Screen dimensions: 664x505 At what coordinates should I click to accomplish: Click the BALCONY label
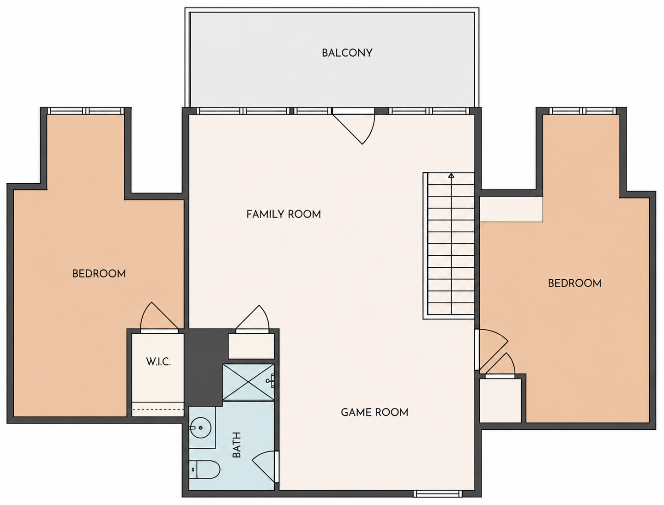(347, 53)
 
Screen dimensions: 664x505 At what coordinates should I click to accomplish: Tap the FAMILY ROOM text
(284, 214)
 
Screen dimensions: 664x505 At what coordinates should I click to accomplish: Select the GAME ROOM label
(374, 413)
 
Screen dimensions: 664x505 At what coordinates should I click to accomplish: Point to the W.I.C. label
(158, 361)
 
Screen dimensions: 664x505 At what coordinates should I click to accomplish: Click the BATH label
(236, 445)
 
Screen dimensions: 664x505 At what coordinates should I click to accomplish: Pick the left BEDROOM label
(99, 274)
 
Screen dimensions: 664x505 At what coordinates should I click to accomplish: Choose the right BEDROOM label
(575, 283)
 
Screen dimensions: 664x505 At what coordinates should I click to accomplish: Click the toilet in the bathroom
(204, 469)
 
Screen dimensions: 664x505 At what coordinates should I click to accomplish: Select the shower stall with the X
(248, 382)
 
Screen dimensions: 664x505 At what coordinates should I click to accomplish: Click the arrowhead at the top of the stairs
(451, 175)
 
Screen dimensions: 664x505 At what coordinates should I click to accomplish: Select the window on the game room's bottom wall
(437, 494)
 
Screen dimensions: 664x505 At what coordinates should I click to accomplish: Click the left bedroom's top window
(86, 111)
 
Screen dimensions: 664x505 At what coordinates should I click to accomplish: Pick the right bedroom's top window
(583, 111)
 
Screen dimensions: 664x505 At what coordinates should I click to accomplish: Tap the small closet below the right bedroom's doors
(501, 400)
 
